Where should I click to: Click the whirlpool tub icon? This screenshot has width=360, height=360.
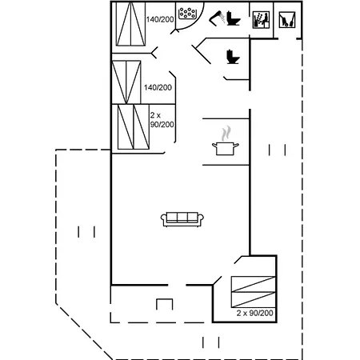187,14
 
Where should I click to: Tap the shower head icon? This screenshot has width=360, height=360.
217,18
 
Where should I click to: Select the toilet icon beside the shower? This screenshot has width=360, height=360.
234,18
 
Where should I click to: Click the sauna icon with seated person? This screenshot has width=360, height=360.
261,20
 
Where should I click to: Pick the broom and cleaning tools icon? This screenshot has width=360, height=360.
287,20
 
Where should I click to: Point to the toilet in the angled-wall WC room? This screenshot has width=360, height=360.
233,57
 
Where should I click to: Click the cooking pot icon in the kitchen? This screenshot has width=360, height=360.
226,149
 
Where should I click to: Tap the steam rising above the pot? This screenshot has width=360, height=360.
226,134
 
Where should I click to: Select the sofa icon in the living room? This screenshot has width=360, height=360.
182,219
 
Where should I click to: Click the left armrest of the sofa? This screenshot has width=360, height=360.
163,219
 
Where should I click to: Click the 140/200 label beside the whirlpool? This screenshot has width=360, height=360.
160,19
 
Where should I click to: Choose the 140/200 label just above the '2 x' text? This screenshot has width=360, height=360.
158,87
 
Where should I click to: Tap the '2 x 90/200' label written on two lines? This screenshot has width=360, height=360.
162,120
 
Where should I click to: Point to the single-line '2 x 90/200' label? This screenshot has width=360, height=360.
254,313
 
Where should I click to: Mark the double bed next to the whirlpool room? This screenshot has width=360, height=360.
131,24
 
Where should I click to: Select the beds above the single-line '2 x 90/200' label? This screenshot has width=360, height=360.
254,292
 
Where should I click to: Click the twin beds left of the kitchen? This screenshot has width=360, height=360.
134,127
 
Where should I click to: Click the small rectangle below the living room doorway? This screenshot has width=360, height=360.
164,304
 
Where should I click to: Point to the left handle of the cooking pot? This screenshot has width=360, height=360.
214,146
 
